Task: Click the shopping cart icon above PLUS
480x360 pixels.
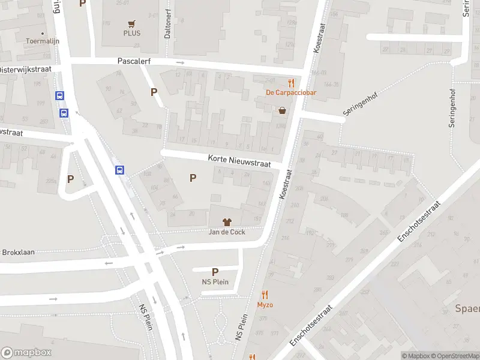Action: coord(131,23)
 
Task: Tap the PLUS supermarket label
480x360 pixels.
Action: coord(132,33)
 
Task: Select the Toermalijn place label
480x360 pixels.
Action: coord(40,41)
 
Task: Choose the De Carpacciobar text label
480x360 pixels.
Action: coord(292,92)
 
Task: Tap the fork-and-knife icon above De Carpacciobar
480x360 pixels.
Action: coord(292,83)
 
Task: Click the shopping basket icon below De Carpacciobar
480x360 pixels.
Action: coord(282,110)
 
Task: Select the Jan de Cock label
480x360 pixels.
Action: coord(226,232)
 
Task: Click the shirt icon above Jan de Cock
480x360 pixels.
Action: coord(226,222)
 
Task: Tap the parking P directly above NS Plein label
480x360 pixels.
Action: coord(215,272)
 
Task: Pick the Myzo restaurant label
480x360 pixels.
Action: coord(265,305)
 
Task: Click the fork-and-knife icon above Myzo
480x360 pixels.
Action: coord(265,295)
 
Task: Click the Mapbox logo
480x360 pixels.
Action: coord(26,353)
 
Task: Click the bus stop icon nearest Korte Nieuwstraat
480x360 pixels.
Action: coord(120,170)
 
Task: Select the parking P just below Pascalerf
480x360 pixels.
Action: coord(154,92)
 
